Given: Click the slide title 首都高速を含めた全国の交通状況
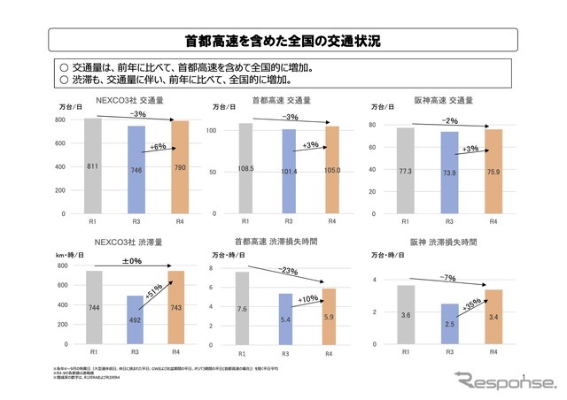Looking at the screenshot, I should click(x=283, y=41).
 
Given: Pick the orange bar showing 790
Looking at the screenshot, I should click(x=179, y=167).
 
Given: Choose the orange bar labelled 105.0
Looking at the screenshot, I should click(x=331, y=170).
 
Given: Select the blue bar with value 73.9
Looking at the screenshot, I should click(x=449, y=173).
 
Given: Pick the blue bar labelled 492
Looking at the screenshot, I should click(x=136, y=320).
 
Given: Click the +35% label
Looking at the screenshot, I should click(x=470, y=303).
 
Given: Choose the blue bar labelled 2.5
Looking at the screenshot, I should click(x=449, y=327).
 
